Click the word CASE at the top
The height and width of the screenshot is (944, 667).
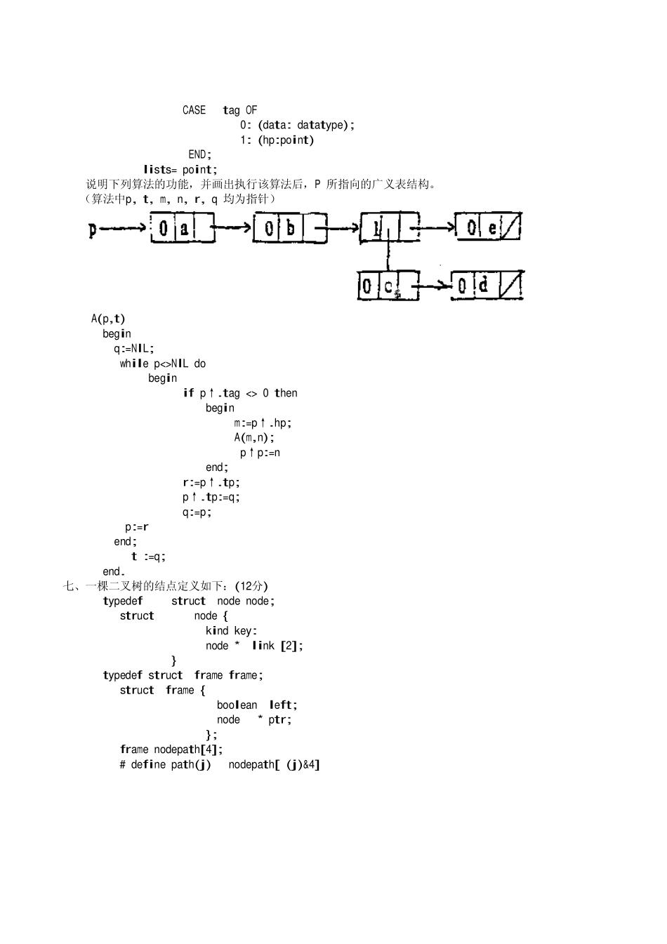194,110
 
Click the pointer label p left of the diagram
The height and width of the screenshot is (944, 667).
92,229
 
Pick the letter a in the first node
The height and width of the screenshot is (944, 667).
183,228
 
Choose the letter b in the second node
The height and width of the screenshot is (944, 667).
290,228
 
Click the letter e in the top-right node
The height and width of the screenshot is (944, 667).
492,227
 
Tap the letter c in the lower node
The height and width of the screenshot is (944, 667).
388,286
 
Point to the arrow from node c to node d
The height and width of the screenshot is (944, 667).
434,285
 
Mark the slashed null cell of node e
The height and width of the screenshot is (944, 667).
512,227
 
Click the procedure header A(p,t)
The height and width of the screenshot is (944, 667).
108,319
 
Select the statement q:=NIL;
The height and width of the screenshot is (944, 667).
134,348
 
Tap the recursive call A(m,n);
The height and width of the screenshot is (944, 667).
254,437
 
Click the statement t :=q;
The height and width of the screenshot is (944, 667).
148,557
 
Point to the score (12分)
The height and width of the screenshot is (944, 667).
251,586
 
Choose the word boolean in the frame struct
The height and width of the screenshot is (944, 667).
237,705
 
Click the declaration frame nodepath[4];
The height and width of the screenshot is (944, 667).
171,750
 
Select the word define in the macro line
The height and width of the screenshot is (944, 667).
148,764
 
